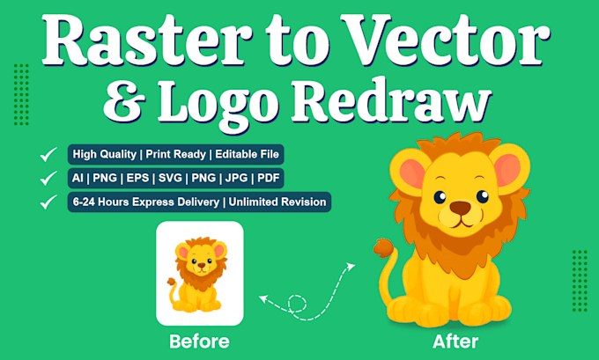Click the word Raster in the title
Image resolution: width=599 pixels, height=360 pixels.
(147, 40)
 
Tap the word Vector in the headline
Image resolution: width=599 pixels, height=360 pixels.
(445, 40)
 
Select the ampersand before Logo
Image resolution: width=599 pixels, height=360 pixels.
(124, 101)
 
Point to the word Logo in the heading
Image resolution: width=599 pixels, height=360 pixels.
(218, 105)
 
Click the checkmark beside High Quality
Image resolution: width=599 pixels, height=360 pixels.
(48, 154)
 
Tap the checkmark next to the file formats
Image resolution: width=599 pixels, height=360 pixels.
(48, 178)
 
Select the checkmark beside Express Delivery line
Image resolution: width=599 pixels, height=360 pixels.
(48, 202)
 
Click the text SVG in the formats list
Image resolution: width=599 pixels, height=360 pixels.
(170, 178)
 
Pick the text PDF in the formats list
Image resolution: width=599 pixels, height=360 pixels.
(268, 178)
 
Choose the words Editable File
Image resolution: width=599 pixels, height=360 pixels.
(247, 154)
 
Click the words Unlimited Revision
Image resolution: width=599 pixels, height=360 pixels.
(277, 202)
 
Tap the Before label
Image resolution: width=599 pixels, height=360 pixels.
(199, 342)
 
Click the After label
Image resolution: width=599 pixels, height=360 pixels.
(455, 342)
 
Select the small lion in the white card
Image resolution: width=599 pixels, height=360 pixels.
(197, 275)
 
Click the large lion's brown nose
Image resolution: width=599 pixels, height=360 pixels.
(460, 208)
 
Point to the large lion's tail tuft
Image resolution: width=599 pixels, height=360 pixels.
(384, 247)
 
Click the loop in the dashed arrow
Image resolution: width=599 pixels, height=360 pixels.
(297, 305)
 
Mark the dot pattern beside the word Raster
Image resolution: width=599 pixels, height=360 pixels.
(21, 95)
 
